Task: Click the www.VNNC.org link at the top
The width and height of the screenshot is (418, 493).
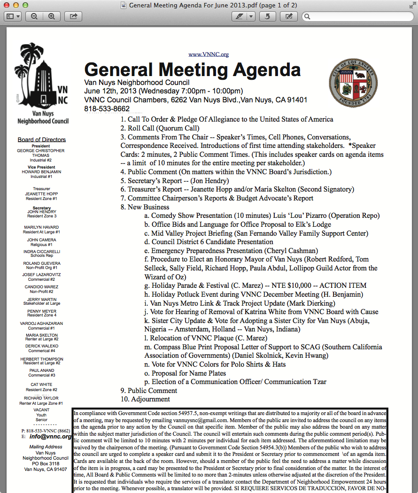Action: tap(209, 54)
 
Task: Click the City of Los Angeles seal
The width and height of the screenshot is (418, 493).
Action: tap(353, 83)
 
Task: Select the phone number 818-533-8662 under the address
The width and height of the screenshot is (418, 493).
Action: tap(107, 108)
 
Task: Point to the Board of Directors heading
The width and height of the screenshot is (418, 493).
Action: tap(42, 139)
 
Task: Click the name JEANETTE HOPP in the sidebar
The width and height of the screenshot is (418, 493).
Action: tap(42, 194)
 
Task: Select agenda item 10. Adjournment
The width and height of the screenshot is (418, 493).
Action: tap(145, 399)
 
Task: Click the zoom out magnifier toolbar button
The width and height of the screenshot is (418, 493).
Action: tap(34, 16)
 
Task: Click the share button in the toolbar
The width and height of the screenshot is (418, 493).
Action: tap(73, 16)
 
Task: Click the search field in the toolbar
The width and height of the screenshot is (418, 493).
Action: tap(359, 16)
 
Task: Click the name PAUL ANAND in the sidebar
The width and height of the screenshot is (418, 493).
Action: tap(42, 370)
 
